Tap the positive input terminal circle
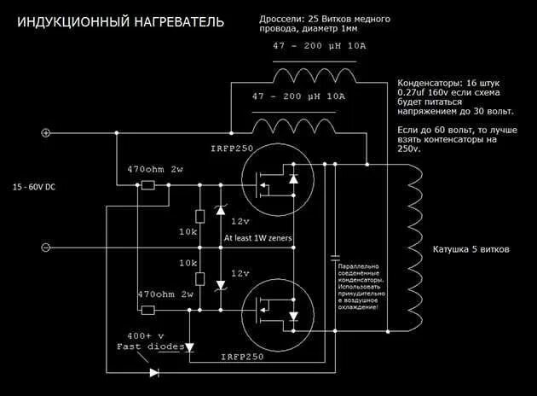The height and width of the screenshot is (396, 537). [x=46, y=132]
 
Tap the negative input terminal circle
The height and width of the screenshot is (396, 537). [x=46, y=247]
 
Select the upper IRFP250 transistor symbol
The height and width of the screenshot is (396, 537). [x=271, y=181]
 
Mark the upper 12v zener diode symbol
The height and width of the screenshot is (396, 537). [x=221, y=209]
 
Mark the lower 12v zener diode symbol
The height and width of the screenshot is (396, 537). [x=221, y=284]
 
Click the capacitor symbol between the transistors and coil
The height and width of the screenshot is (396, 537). [x=334, y=256]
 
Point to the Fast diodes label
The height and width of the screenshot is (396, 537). [x=143, y=346]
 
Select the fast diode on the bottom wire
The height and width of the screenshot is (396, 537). [x=153, y=372]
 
